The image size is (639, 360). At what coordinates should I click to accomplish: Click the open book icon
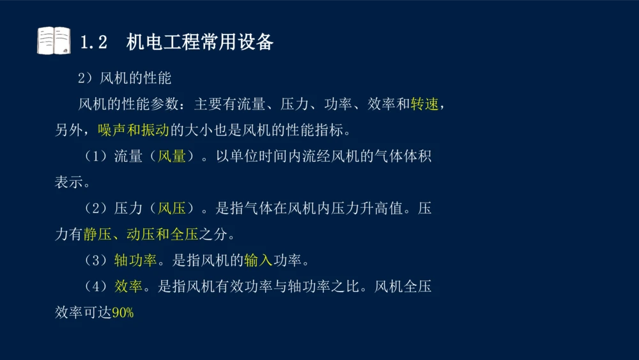pyautogui.click(x=54, y=40)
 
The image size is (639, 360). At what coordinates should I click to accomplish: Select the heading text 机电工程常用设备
pyautogui.click(x=200, y=42)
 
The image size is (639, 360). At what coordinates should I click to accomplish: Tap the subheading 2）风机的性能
pyautogui.click(x=125, y=79)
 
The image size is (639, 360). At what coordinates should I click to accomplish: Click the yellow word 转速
pyautogui.click(x=425, y=104)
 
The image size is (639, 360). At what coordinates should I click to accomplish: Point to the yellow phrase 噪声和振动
pyautogui.click(x=133, y=130)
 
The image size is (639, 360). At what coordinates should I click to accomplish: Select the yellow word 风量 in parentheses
pyautogui.click(x=172, y=157)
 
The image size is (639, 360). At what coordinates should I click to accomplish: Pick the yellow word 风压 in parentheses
pyautogui.click(x=172, y=208)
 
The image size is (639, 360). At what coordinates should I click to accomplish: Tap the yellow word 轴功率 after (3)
pyautogui.click(x=135, y=261)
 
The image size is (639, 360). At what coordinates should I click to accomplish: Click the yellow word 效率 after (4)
pyautogui.click(x=128, y=286)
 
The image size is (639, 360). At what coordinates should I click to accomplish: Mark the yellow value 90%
pyautogui.click(x=123, y=313)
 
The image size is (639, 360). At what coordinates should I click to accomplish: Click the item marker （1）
pyautogui.click(x=96, y=157)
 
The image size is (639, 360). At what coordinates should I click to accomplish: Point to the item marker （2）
pyautogui.click(x=96, y=208)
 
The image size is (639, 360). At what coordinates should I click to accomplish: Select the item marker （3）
pyautogui.click(x=96, y=261)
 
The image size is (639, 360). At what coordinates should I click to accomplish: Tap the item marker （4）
pyautogui.click(x=96, y=286)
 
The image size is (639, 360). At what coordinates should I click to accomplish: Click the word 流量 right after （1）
pyautogui.click(x=128, y=157)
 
